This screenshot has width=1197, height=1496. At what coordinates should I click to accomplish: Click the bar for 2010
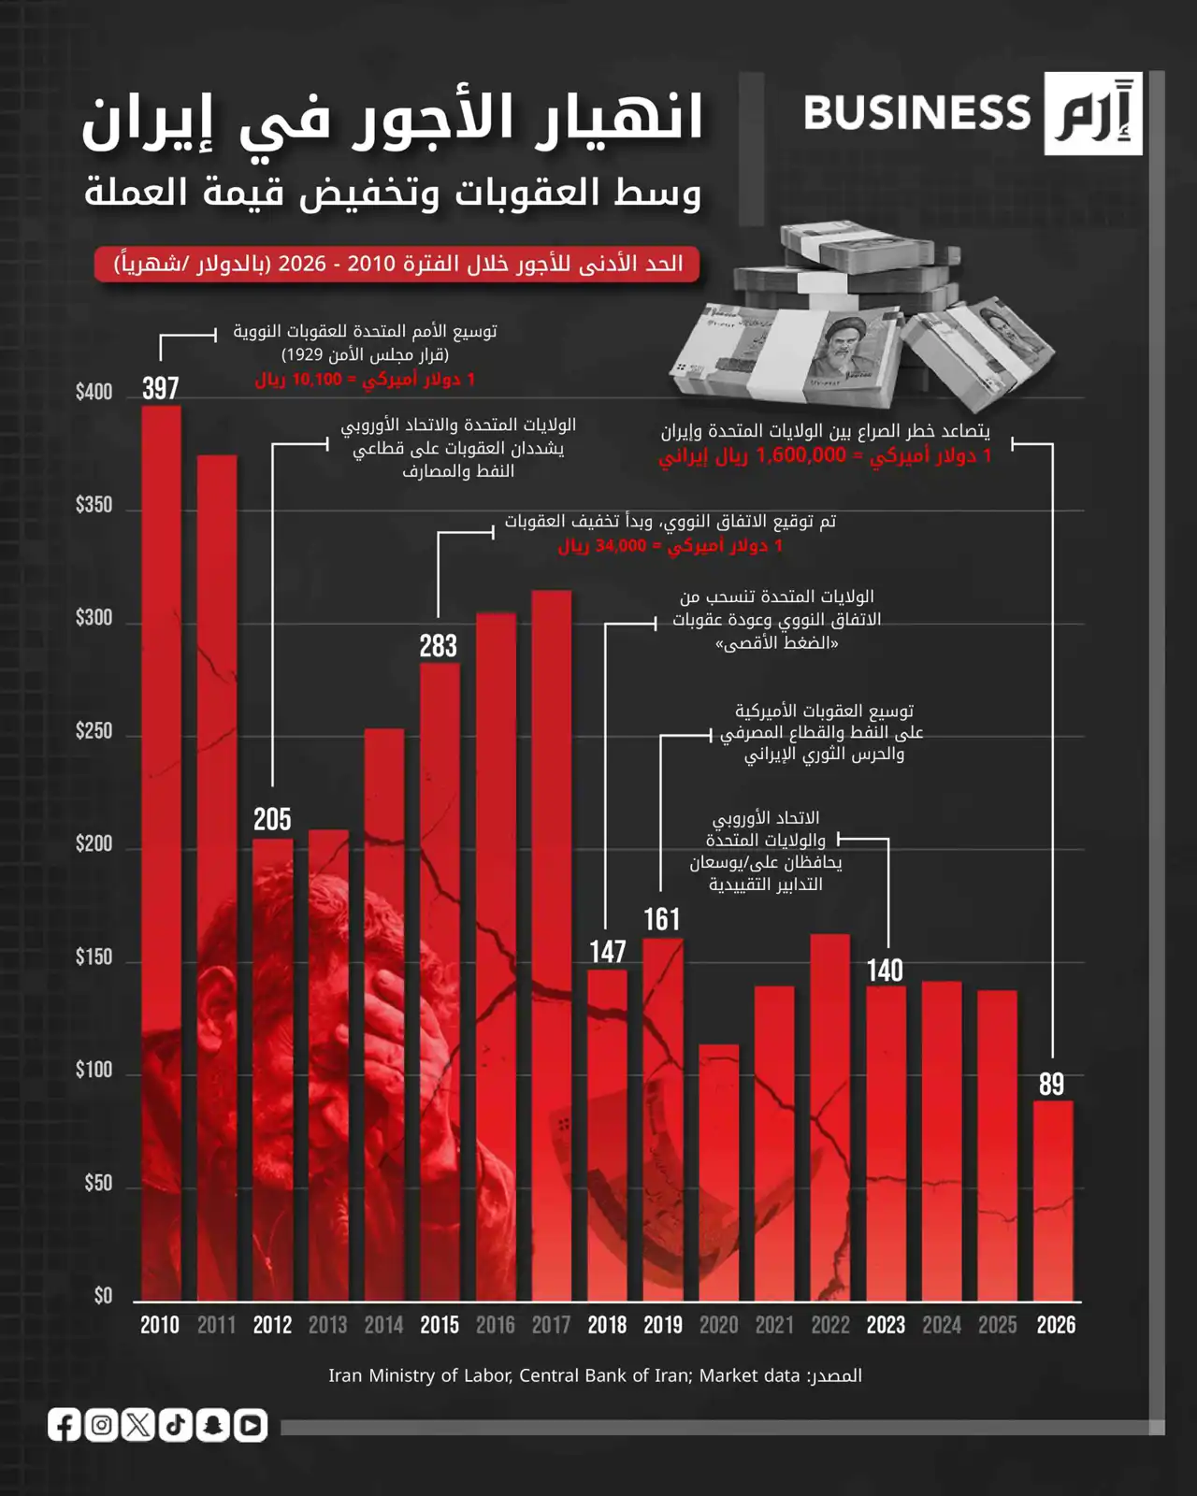pyautogui.click(x=161, y=851)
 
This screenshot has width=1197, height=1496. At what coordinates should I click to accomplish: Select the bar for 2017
pyautogui.click(x=552, y=944)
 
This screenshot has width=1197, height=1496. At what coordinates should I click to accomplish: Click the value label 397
pyautogui.click(x=161, y=388)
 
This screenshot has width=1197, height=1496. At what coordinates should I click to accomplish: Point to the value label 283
pyautogui.click(x=439, y=645)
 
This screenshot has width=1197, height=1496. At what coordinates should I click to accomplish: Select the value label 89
pyautogui.click(x=1052, y=1084)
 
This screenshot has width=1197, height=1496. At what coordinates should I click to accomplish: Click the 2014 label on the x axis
pyautogui.click(x=383, y=1325)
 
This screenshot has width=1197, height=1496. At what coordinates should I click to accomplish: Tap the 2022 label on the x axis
pyautogui.click(x=830, y=1325)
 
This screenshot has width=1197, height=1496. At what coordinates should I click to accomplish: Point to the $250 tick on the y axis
pyautogui.click(x=94, y=730)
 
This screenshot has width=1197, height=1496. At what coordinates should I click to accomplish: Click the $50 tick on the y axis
pyautogui.click(x=97, y=1183)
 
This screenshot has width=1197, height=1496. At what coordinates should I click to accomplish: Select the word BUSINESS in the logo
pyautogui.click(x=916, y=113)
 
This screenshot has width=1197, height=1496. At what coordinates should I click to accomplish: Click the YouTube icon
pyautogui.click(x=250, y=1425)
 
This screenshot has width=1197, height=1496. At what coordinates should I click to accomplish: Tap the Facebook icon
pyautogui.click(x=65, y=1425)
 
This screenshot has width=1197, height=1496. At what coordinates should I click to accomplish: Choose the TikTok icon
pyautogui.click(x=176, y=1425)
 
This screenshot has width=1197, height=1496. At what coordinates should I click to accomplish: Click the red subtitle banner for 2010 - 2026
pyautogui.click(x=397, y=265)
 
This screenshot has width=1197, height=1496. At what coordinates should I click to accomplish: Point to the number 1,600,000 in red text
pyautogui.click(x=800, y=455)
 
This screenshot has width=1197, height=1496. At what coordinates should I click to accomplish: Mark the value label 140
pyautogui.click(x=885, y=970)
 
